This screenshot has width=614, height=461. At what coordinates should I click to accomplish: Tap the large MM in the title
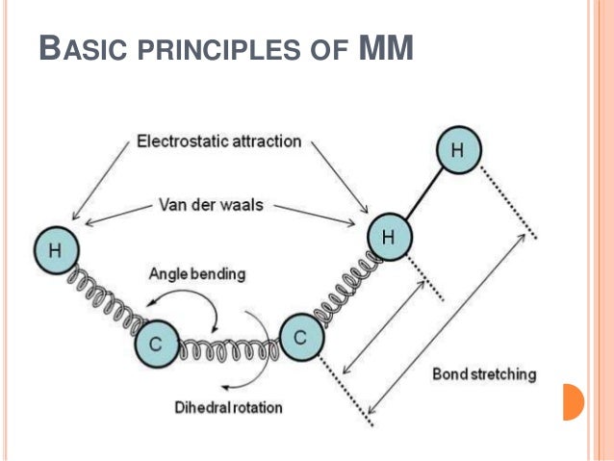386,48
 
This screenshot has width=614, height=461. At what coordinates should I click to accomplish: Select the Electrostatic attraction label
218,141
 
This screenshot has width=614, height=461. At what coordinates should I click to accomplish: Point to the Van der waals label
211,205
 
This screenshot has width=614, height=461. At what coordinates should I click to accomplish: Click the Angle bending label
197,273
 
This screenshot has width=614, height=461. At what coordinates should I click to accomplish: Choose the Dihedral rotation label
228,407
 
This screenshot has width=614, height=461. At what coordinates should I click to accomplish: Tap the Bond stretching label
484,374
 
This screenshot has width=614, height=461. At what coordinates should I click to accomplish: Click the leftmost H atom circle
57,250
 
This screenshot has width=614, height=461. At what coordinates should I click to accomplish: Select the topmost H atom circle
458,149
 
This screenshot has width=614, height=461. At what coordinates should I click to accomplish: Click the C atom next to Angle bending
157,344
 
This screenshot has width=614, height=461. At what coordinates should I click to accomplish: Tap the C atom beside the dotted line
302,337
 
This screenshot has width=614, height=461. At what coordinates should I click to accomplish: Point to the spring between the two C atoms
229,349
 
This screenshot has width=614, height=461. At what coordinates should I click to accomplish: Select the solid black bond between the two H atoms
424,192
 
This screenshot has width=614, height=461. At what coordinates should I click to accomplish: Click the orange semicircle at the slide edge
573,402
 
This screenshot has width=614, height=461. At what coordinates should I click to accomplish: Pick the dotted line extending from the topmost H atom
508,202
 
